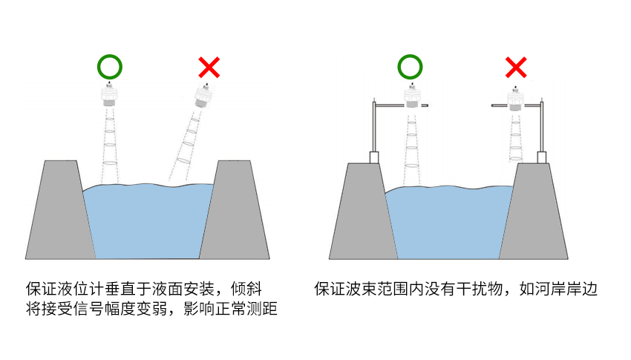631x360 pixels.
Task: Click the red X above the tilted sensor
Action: tap(209, 68)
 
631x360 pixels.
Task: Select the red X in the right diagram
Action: tap(515, 68)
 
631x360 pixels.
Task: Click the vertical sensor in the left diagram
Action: tap(110, 96)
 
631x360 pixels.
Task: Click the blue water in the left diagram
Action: tap(148, 223)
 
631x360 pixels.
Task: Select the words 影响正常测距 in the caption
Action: tap(238, 309)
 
